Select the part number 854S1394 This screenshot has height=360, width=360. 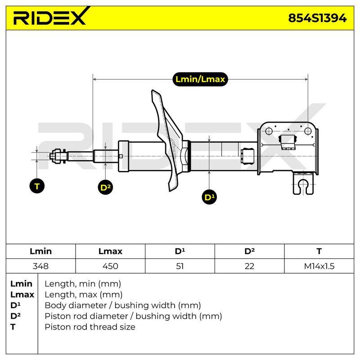coord(317,18)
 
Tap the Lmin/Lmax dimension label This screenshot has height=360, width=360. coord(200,79)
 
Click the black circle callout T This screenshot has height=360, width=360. coord(37,186)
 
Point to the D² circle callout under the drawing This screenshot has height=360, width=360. coord(105,187)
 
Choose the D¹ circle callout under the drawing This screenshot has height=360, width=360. coord(209,197)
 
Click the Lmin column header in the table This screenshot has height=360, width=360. coord(40,251)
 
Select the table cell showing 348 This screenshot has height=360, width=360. coord(40,266)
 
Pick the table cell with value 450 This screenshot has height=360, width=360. coord(110,266)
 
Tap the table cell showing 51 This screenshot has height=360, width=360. coord(180,266)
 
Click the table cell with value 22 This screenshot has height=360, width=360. coord(249,266)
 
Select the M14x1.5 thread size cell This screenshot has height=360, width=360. coord(319,266)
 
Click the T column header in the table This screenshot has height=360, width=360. coord(319,251)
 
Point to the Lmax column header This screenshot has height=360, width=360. coord(110,251)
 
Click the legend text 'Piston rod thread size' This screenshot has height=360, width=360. coord(90,327)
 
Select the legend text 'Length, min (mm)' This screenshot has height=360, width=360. coord(83,284)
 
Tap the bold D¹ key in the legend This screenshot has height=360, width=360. coord(15,306)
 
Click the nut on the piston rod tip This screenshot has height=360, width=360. coord(57,156)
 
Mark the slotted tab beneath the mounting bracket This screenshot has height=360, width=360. coord(303,183)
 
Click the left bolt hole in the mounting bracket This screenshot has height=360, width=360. coord(269,131)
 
